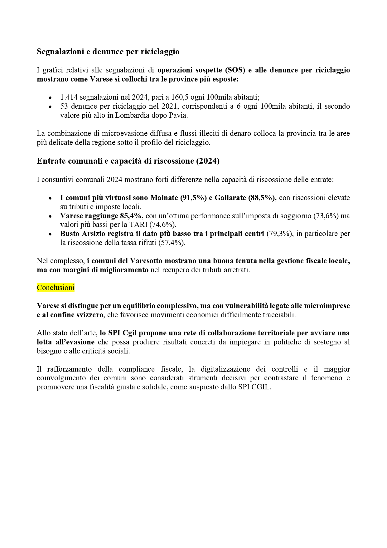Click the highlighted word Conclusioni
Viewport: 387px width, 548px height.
[x=56, y=288]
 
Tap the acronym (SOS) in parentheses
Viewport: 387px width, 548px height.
[x=235, y=70]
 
